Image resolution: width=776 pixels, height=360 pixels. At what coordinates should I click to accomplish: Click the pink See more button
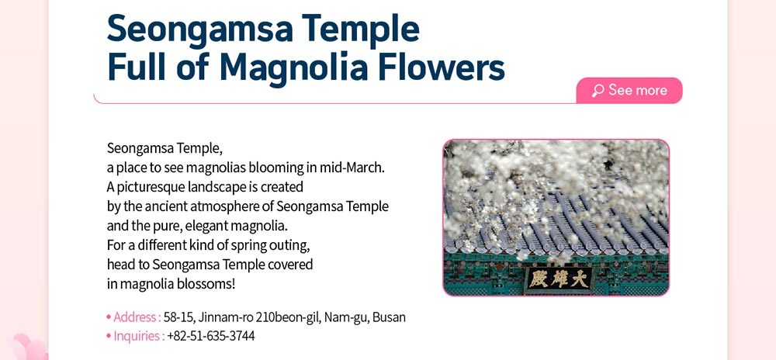(x=629, y=91)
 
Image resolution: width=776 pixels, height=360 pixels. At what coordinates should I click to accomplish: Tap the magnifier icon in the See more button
(x=598, y=91)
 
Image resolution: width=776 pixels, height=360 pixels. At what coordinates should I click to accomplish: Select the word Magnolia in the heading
(x=293, y=69)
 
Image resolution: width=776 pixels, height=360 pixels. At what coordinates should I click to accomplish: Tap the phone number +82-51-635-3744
(x=211, y=336)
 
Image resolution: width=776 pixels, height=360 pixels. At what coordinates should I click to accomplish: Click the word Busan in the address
(x=389, y=317)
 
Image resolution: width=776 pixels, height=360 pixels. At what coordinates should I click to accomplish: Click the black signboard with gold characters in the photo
(x=559, y=279)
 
